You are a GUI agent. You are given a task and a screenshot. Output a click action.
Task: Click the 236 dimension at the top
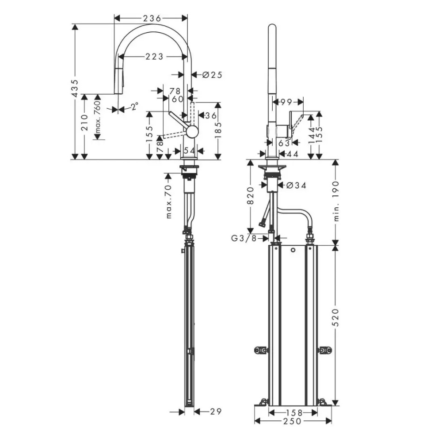click(152, 18)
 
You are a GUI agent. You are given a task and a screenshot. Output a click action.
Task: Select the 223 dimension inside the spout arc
click(154, 57)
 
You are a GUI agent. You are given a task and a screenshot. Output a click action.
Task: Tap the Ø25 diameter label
click(212, 75)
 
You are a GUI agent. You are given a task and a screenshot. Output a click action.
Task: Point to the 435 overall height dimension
click(75, 88)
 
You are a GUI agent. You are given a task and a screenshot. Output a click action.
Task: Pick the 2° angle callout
click(134, 107)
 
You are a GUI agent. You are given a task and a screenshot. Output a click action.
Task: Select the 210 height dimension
click(84, 122)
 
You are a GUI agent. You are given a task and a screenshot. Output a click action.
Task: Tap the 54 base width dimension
click(189, 151)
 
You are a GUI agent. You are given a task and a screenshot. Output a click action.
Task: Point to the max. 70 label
click(168, 202)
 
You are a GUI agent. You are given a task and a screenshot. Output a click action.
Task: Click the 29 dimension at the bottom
click(216, 412)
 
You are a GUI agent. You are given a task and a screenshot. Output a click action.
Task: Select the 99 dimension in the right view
click(286, 102)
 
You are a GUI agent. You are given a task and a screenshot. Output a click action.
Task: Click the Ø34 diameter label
click(296, 185)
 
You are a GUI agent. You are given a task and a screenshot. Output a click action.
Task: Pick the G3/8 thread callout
click(244, 239)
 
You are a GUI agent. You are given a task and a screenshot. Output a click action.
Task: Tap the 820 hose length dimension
click(250, 195)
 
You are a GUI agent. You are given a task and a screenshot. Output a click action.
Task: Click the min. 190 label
click(336, 201)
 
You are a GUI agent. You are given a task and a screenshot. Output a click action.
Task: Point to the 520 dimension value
click(335, 317)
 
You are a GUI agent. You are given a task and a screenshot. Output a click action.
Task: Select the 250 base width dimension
click(293, 421)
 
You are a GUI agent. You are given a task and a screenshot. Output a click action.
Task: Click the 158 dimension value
click(294, 413)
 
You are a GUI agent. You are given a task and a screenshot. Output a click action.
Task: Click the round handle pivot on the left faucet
click(192, 132)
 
